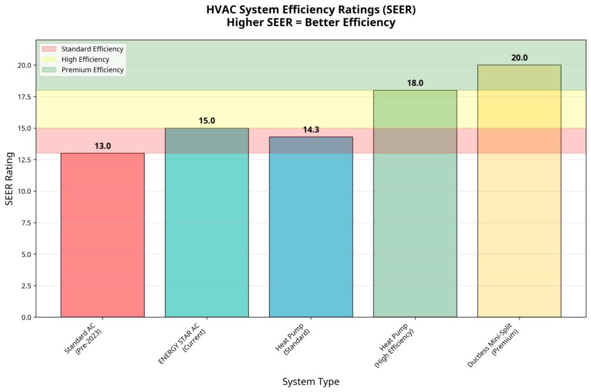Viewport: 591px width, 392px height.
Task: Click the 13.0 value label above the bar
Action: coord(103,146)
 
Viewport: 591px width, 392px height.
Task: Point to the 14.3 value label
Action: coord(311,130)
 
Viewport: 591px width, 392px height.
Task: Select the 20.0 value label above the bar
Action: coord(519,58)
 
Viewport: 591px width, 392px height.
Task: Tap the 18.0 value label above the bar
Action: coord(415,83)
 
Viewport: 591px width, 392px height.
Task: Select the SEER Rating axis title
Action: coord(9,178)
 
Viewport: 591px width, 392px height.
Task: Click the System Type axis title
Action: coord(311,382)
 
